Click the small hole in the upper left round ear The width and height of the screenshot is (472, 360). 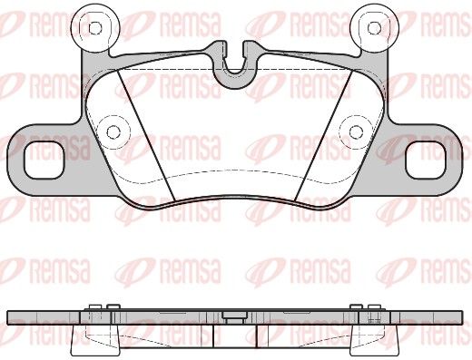point(95,28)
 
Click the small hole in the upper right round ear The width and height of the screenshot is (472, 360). point(374,28)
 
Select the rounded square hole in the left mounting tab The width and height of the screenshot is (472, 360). point(44,161)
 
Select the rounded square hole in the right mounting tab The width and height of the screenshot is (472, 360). point(426,161)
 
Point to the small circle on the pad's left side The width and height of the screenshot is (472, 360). point(113,131)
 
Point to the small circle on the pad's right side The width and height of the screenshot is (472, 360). point(356,131)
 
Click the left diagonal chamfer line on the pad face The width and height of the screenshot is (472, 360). point(146,135)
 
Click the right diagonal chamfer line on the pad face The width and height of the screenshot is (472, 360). point(324,135)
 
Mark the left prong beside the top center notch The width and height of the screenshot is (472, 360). point(219,50)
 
